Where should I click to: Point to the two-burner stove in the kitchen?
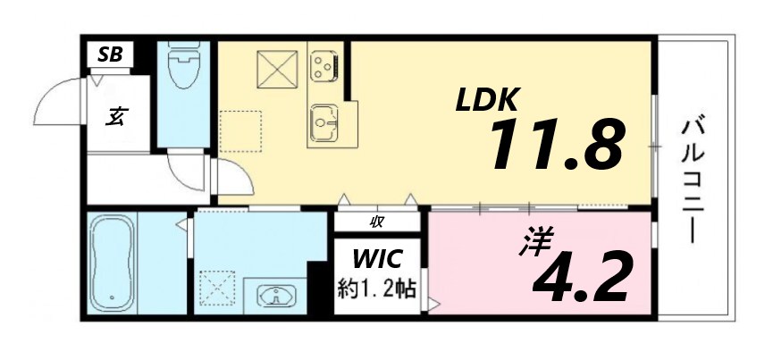tap(323, 65)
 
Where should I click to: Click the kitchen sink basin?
tap(325, 119)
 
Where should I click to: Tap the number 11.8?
tap(554, 145)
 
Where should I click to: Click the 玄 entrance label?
tap(116, 116)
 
